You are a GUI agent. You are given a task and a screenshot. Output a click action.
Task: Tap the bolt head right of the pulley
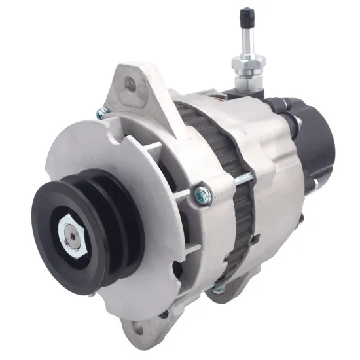[x=202, y=193]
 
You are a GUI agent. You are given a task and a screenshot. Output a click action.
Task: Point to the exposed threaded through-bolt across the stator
[x=243, y=177]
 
